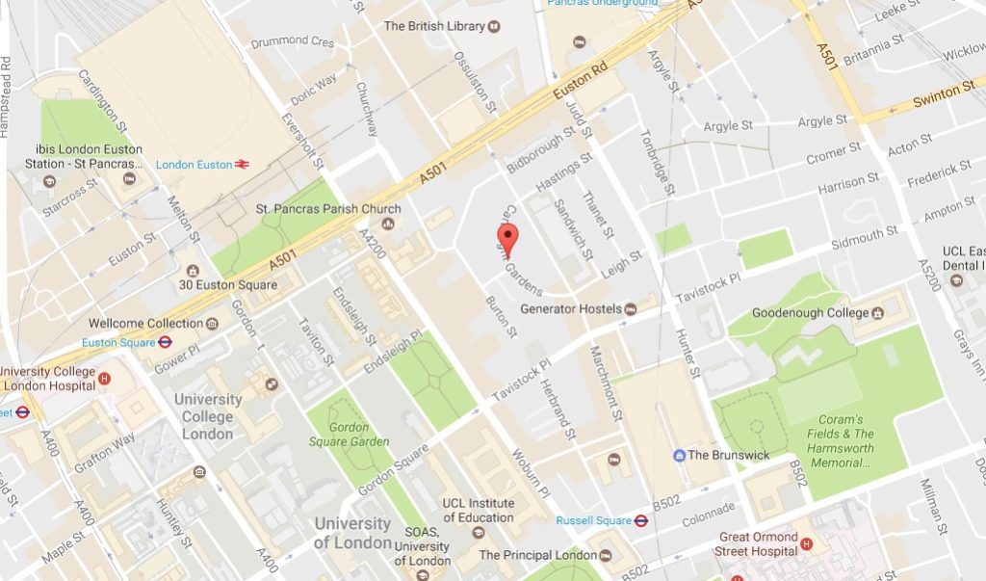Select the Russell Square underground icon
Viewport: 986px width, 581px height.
(640, 520)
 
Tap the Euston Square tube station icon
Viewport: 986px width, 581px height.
(166, 341)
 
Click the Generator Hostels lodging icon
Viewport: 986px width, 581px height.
(630, 309)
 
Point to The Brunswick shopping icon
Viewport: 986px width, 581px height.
(678, 455)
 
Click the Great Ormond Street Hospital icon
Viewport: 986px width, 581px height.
(807, 544)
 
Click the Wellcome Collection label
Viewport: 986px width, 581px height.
(145, 323)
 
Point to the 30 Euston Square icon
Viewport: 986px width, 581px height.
(193, 271)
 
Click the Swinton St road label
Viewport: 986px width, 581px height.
(943, 92)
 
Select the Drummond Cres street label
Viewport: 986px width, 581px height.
(293, 42)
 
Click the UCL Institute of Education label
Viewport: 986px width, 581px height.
(478, 510)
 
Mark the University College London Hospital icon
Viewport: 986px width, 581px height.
(104, 379)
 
